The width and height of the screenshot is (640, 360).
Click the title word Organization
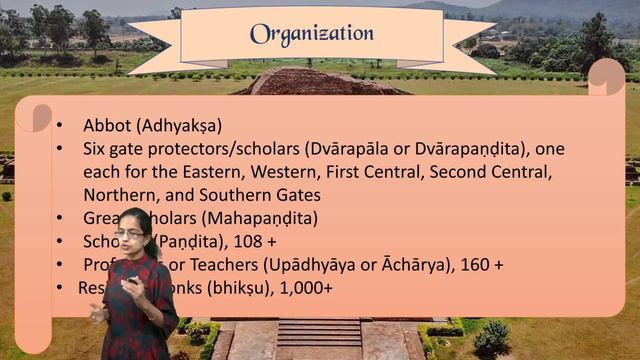(x=312, y=33)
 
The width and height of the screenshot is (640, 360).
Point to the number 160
(x=474, y=264)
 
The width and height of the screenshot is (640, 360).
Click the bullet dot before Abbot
(x=60, y=127)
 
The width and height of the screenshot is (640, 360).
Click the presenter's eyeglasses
(x=129, y=234)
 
